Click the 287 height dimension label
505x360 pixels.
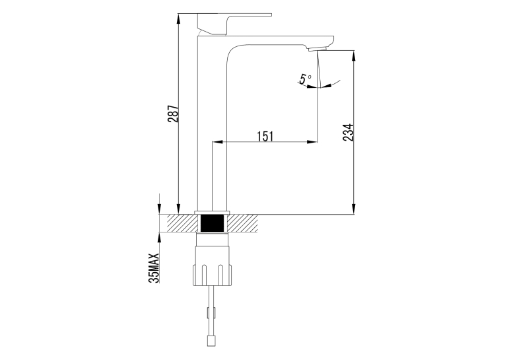click(x=173, y=114)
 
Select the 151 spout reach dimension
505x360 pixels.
click(x=265, y=136)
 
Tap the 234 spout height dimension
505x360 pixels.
click(x=348, y=132)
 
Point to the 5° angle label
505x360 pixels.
click(x=305, y=79)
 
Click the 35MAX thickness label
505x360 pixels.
click(x=154, y=268)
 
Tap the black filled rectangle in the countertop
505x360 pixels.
click(x=212, y=223)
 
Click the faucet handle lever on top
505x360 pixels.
click(x=234, y=24)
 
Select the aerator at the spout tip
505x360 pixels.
click(x=318, y=49)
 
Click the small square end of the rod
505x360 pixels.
click(x=211, y=342)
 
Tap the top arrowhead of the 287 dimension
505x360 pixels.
click(x=179, y=18)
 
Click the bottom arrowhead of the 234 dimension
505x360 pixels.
click(x=354, y=209)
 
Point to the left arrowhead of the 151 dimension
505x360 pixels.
click(x=217, y=141)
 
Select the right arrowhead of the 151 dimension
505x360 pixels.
click(x=312, y=141)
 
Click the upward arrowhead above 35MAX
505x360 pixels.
click(x=160, y=237)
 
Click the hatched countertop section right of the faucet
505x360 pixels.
click(x=243, y=223)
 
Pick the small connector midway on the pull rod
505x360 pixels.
click(x=211, y=312)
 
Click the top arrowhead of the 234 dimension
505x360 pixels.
click(x=354, y=55)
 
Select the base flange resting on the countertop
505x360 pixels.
click(x=212, y=213)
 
